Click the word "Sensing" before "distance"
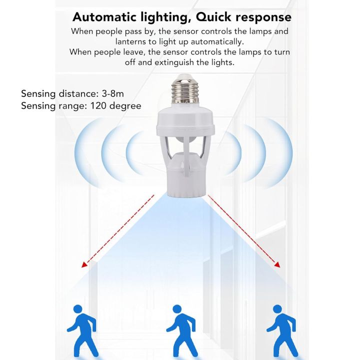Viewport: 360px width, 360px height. [x=38, y=93]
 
